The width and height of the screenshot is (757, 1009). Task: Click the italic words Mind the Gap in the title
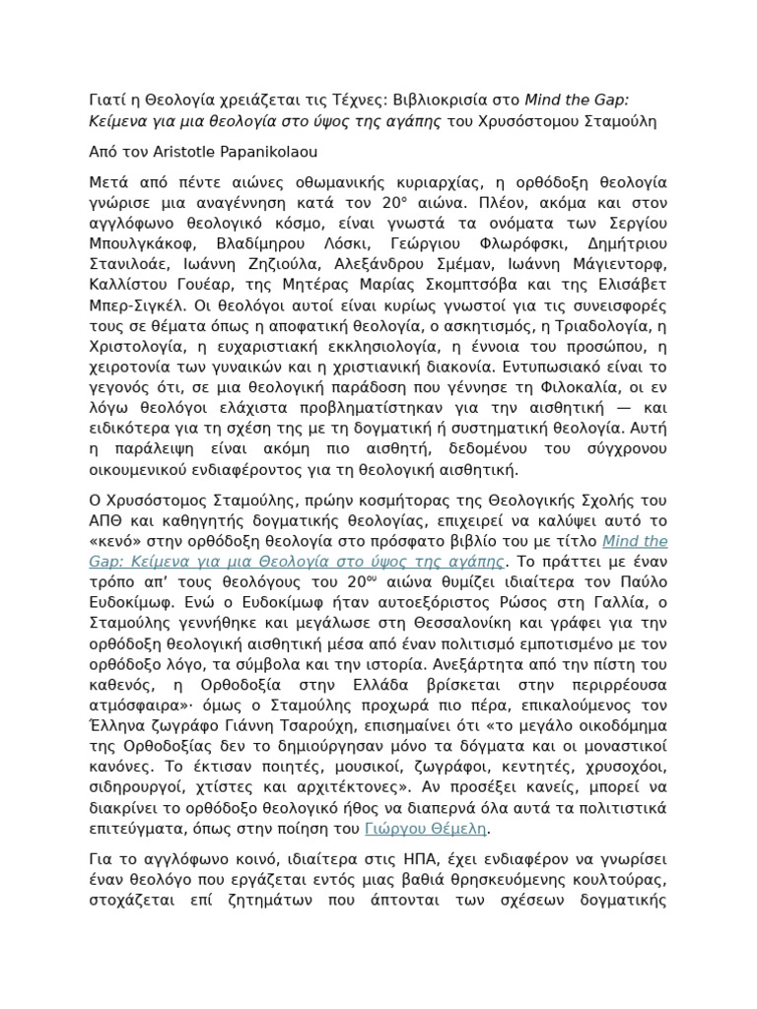(x=581, y=99)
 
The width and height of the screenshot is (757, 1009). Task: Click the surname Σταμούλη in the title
(x=620, y=121)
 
